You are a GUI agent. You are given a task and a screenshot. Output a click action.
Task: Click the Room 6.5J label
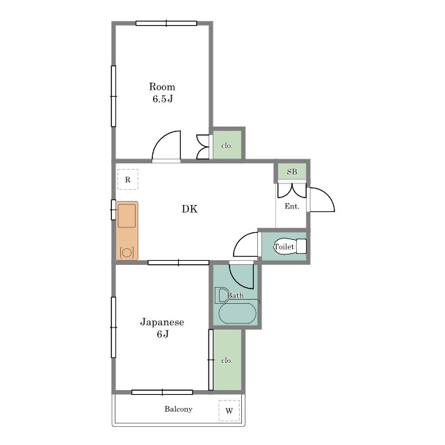tap(162, 92)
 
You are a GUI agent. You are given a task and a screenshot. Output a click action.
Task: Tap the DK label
tap(190, 209)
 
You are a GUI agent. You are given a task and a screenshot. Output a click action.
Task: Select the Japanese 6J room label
tap(162, 327)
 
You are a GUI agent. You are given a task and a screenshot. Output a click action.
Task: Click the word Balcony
tap(179, 409)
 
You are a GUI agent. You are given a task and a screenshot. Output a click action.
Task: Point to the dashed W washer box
tap(229, 410)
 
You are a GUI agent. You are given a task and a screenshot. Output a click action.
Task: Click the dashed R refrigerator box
tap(128, 179)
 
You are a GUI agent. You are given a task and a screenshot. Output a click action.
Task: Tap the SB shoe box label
tap(292, 172)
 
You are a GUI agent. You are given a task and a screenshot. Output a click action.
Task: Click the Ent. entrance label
tap(292, 207)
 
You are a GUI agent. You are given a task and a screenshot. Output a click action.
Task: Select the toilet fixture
tap(290, 246)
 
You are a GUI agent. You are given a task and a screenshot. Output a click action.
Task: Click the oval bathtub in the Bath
tap(238, 314)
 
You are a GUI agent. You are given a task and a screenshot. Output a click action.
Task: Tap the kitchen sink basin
tap(127, 216)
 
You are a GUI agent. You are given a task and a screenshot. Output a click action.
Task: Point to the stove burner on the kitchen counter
tap(127, 252)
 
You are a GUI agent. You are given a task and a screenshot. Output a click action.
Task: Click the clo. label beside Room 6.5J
tap(227, 145)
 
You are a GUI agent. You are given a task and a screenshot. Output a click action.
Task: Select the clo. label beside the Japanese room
tap(227, 360)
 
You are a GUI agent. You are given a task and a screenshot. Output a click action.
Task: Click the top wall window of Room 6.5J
tap(166, 23)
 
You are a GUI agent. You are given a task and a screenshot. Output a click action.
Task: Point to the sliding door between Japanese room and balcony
tap(162, 392)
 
